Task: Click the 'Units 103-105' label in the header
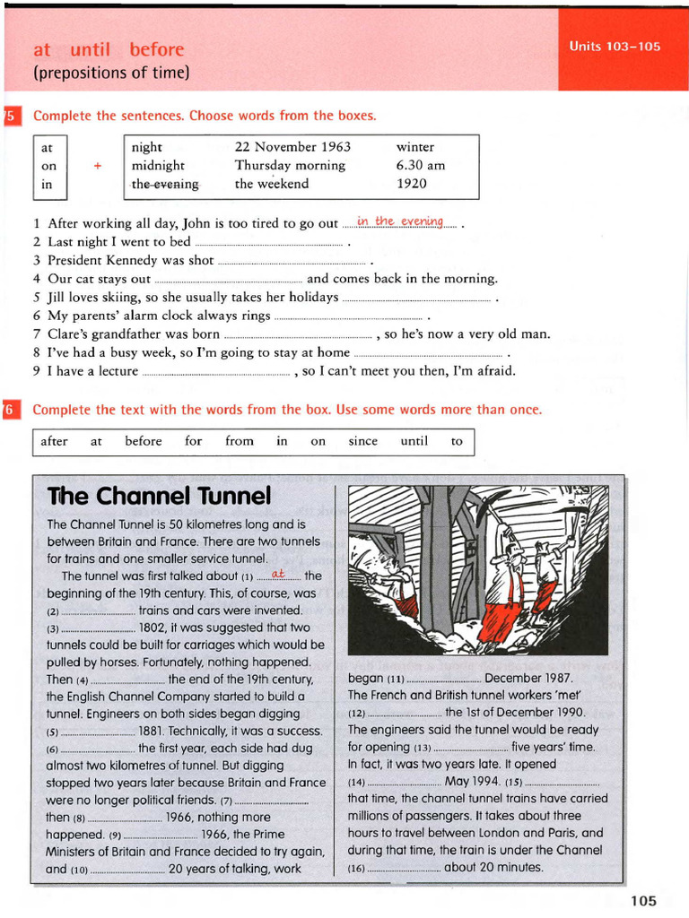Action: (x=615, y=47)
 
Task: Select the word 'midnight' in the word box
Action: (x=158, y=165)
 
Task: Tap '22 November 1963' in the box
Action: (x=292, y=146)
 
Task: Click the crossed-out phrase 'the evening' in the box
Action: (x=165, y=184)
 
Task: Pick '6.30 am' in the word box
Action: (x=421, y=165)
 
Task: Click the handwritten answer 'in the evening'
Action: (x=399, y=221)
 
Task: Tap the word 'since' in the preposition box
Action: (x=363, y=441)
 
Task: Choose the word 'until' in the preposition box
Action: (x=414, y=441)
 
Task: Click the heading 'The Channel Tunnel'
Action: (x=158, y=496)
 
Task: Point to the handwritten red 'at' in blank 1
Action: (x=277, y=574)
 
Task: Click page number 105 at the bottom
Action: (x=643, y=900)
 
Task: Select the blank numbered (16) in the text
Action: (x=404, y=868)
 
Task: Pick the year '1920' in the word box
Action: (x=412, y=184)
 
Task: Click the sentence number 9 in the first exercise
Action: (x=37, y=371)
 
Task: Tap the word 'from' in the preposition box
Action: (x=240, y=441)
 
